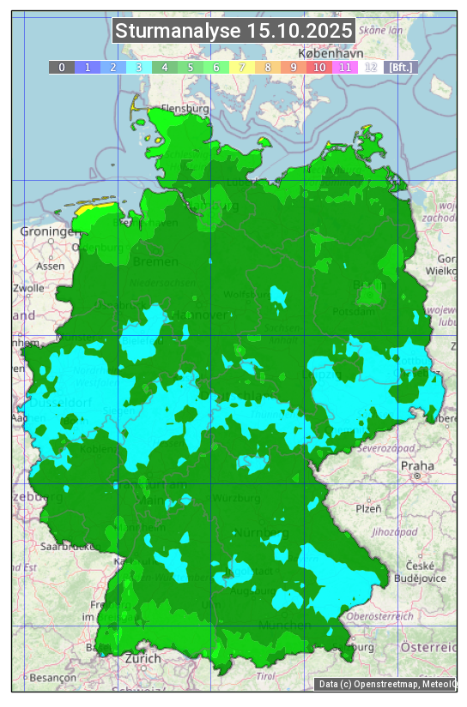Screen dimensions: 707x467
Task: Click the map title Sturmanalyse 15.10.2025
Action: pyautogui.click(x=233, y=31)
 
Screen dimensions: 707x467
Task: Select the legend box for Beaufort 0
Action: pyautogui.click(x=62, y=67)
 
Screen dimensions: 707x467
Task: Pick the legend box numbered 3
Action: pyautogui.click(x=139, y=67)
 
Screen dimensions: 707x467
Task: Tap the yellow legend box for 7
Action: pyautogui.click(x=242, y=67)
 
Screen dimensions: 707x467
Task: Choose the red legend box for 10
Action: pyautogui.click(x=319, y=67)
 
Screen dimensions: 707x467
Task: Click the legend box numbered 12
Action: pyautogui.click(x=371, y=67)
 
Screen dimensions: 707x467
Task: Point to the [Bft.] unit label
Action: pyautogui.click(x=400, y=67)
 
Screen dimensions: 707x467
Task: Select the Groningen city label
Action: pyautogui.click(x=50, y=232)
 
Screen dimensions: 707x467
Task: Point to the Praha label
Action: pyautogui.click(x=417, y=466)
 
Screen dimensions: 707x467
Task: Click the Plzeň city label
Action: pyautogui.click(x=368, y=508)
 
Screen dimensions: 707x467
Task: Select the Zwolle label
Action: pyautogui.click(x=27, y=288)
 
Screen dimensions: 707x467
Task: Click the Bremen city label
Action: pyautogui.click(x=155, y=261)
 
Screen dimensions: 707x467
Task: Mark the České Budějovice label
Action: pyautogui.click(x=426, y=572)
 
